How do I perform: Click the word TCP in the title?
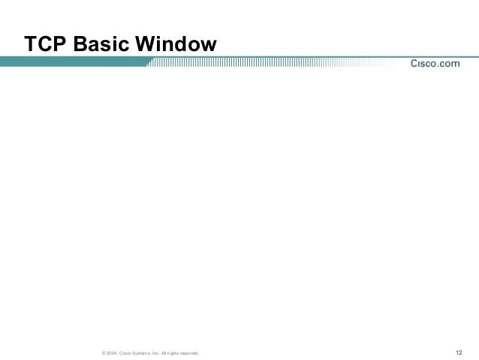[x=45, y=45]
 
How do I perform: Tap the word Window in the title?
[x=176, y=45]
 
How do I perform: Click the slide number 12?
[x=459, y=352]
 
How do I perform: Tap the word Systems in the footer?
[x=141, y=353]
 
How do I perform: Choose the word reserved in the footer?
[x=188, y=353]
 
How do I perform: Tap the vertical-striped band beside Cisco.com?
[x=270, y=64]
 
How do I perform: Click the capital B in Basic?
[x=82, y=45]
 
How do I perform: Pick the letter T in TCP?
[x=31, y=45]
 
